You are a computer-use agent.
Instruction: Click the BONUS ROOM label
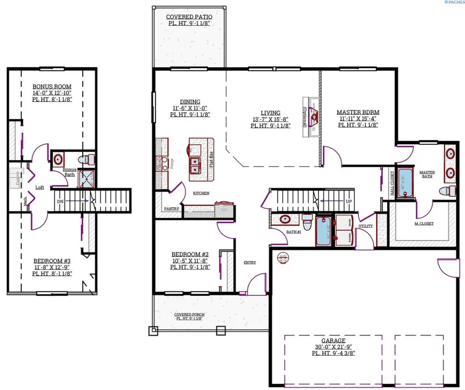pos(52,86)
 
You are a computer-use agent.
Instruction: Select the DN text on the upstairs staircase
pos(60,200)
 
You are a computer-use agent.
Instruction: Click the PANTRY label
pos(172,209)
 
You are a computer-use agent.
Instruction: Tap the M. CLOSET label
pos(424,223)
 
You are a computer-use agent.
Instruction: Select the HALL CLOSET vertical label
pos(392,184)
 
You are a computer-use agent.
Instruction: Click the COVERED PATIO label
pos(189,17)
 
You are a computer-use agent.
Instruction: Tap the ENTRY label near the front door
pos(250,262)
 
